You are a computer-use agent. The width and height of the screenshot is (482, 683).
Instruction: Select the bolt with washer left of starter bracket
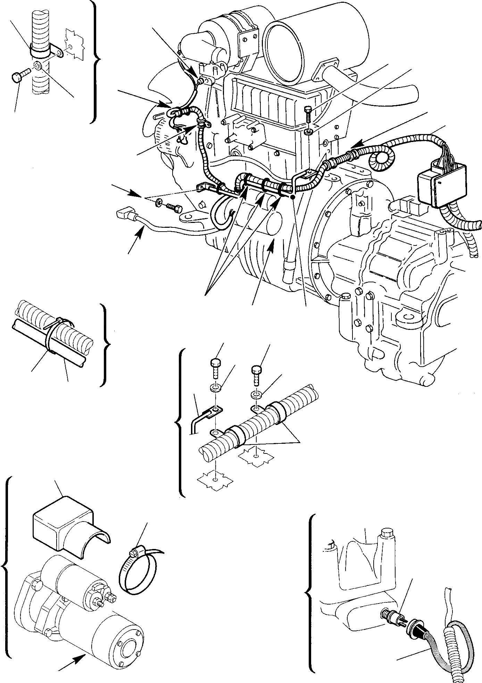[x=171, y=206]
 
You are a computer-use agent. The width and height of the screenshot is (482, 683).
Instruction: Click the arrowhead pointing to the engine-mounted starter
[x=272, y=242]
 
